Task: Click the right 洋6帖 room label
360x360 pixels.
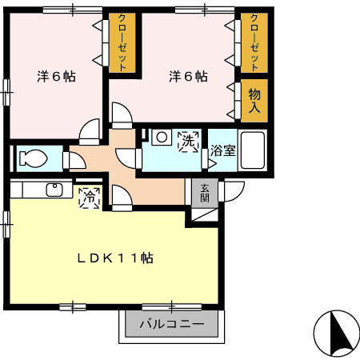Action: tap(188, 77)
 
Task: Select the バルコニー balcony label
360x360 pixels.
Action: tap(170, 326)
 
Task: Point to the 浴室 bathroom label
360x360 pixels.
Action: tap(223, 150)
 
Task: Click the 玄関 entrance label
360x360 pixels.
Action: tap(205, 193)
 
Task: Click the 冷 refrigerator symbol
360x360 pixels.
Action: tap(89, 195)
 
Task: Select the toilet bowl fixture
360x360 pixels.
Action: tap(34, 158)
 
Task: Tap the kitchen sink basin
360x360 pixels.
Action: tap(55, 190)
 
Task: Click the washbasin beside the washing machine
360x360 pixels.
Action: tap(161, 138)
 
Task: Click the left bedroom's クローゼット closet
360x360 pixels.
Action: tap(122, 42)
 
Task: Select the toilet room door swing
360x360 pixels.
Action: tap(77, 160)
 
